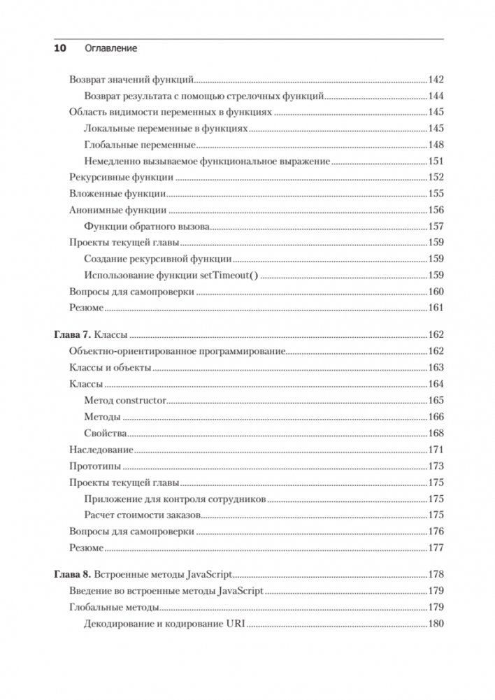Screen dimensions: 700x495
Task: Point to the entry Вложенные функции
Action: pos(117,194)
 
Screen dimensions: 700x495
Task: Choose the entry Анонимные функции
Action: pos(117,210)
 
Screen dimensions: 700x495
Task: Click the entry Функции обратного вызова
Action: pos(147,227)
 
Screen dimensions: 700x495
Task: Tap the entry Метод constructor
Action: pos(124,401)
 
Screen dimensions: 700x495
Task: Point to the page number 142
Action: pos(436,80)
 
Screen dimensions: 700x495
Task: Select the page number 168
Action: pos(436,434)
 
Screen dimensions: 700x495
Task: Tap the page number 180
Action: pos(436,624)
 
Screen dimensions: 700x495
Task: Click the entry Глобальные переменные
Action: pos(139,145)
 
